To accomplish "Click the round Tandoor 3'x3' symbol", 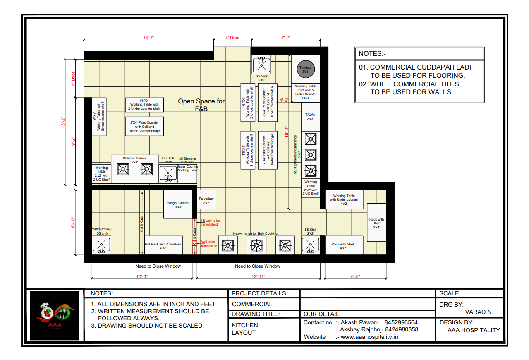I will click(x=306, y=69).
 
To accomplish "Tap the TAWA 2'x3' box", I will click(x=310, y=117).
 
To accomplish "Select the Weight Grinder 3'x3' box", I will click(x=178, y=205).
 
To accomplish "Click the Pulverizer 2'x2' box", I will click(x=206, y=201).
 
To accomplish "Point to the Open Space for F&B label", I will click(x=201, y=105).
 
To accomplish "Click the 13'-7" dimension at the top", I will click(x=149, y=38).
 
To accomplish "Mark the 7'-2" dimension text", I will click(x=286, y=38).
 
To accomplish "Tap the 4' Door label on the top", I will click(x=232, y=38).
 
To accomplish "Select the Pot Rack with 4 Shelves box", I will click(x=163, y=245).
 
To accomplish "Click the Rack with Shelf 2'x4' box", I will click(x=376, y=223).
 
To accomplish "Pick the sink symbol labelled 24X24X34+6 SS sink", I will click(x=101, y=245).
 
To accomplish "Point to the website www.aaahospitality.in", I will click(x=369, y=337).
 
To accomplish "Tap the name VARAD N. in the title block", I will click(x=479, y=312).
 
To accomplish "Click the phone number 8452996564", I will click(x=401, y=322).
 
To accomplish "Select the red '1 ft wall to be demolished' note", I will click(x=210, y=223).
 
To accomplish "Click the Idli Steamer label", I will click(x=187, y=158).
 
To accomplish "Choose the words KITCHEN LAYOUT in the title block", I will click(x=244, y=329).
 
